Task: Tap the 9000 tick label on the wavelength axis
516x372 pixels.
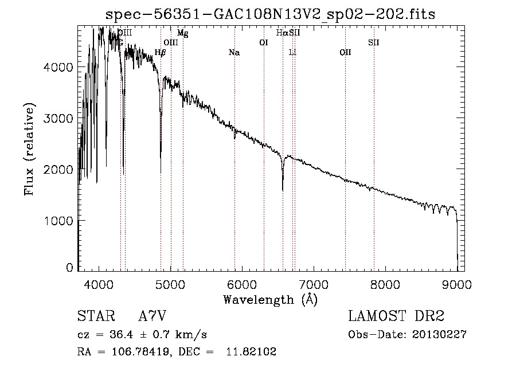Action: click(457, 284)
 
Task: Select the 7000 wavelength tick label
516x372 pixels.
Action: click(314, 284)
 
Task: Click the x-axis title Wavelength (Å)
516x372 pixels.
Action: click(270, 299)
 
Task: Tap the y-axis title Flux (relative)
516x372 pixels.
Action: click(29, 148)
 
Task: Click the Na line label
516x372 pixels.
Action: click(234, 53)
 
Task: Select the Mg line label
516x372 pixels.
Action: click(182, 33)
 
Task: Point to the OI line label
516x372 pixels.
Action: click(264, 42)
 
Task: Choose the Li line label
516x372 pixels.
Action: click(292, 53)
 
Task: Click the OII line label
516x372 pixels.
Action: click(345, 53)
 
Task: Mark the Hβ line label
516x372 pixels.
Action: click(161, 53)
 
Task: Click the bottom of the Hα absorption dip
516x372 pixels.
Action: click(283, 190)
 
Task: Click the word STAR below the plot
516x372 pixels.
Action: click(96, 316)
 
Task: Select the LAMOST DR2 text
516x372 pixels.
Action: click(396, 316)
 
